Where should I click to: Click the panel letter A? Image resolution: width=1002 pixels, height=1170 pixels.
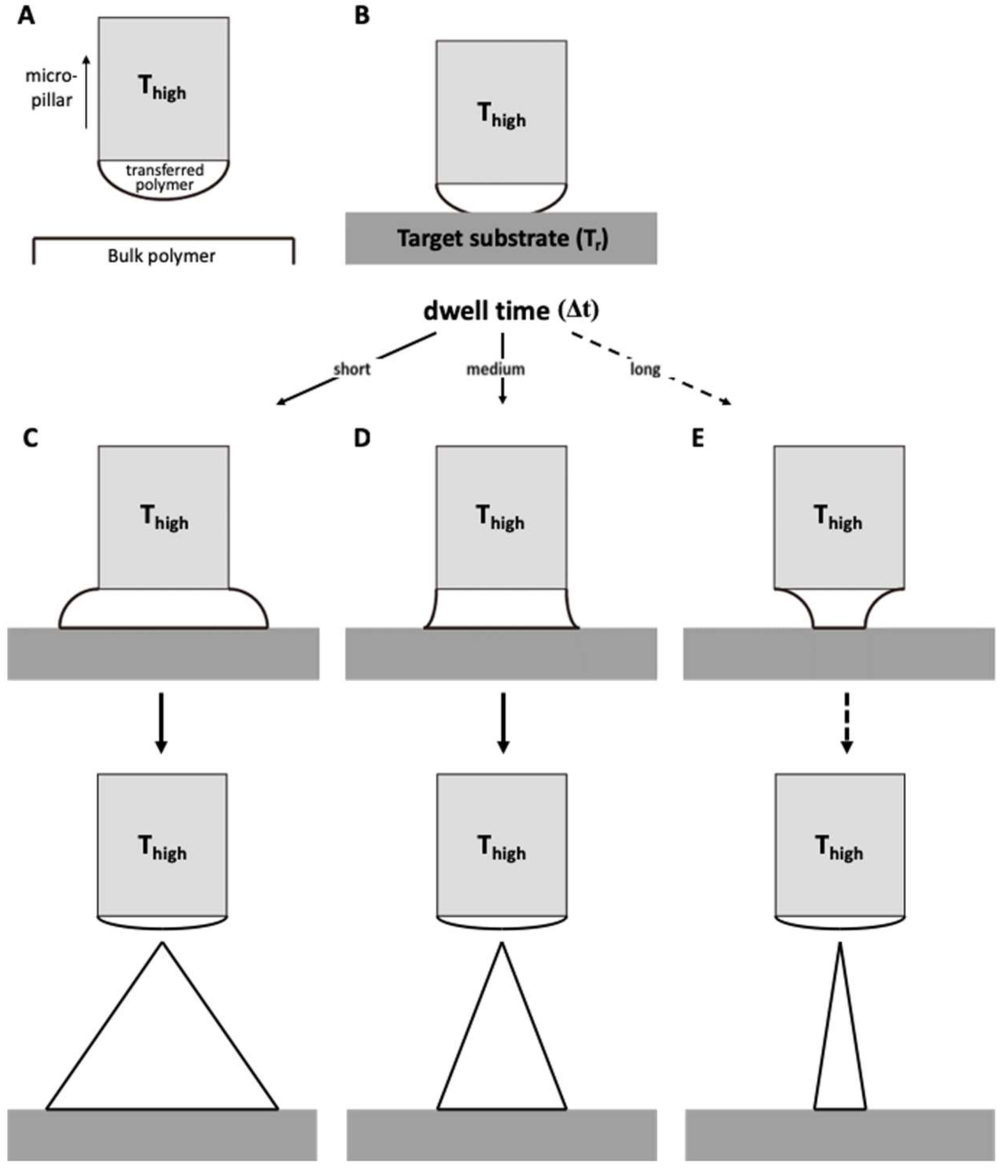[x=26, y=16]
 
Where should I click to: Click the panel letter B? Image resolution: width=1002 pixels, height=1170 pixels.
[x=362, y=16]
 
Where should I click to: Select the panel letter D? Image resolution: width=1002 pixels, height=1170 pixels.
[x=362, y=438]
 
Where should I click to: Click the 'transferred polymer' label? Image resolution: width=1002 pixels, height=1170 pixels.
[x=164, y=177]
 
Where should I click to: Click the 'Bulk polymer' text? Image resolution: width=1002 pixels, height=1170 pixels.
[x=162, y=256]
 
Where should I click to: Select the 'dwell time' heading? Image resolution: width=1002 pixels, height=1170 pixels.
[x=486, y=311]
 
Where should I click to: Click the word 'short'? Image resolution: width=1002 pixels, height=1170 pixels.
[x=352, y=369]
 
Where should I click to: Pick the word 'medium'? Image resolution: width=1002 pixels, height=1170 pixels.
[x=495, y=369]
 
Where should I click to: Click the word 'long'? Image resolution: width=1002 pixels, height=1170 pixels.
[x=645, y=369]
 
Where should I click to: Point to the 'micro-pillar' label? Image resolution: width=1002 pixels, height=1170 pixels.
[x=51, y=89]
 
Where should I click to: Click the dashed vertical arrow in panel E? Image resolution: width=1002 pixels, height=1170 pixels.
[x=846, y=723]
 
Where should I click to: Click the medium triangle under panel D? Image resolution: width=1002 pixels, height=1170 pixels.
[x=501, y=1050]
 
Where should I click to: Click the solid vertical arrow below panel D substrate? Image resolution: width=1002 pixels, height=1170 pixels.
[x=503, y=723]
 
